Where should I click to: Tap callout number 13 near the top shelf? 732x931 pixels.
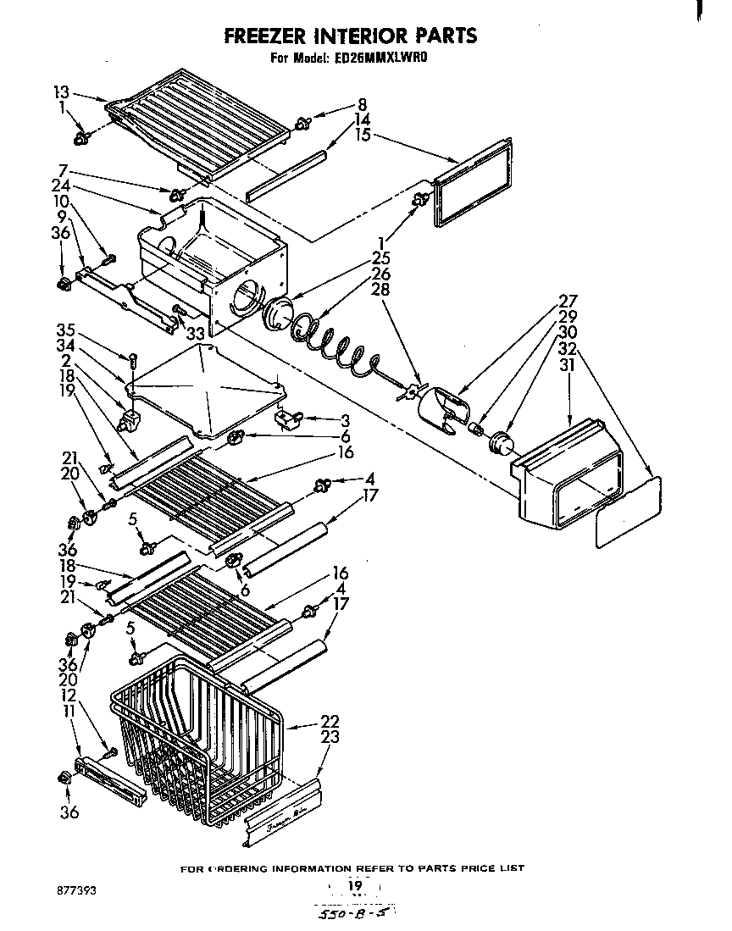pyautogui.click(x=61, y=93)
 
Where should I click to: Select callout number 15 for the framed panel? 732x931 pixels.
pyautogui.click(x=363, y=134)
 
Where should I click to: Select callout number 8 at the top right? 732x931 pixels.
pyautogui.click(x=363, y=105)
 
